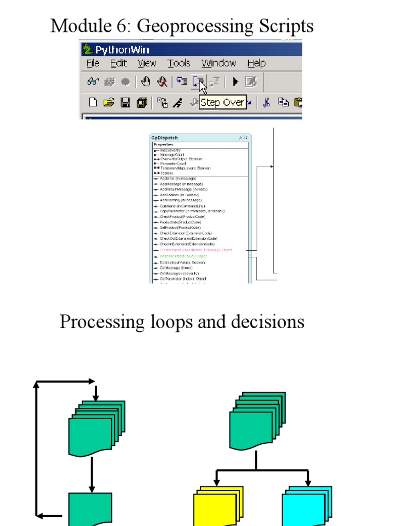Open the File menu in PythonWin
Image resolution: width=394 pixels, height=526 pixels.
click(x=93, y=63)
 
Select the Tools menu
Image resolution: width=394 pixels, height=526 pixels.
click(x=179, y=63)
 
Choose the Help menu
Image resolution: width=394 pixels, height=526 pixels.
click(x=256, y=63)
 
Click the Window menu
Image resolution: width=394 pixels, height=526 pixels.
click(x=219, y=63)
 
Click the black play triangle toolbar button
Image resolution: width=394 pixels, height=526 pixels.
click(x=235, y=81)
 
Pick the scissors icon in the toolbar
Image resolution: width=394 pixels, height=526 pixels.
click(x=266, y=102)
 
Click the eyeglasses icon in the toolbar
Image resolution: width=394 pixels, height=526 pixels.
click(x=93, y=81)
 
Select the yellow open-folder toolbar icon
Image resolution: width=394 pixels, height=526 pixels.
click(x=108, y=102)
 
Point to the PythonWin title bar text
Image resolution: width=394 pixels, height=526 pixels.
click(x=123, y=50)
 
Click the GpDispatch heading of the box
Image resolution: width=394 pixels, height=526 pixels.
click(x=164, y=138)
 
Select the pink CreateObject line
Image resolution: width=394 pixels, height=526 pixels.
click(x=195, y=250)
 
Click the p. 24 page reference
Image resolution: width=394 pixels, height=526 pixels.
click(x=243, y=138)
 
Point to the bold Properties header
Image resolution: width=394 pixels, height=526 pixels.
click(x=164, y=144)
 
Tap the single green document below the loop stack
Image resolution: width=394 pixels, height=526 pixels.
click(x=90, y=509)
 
